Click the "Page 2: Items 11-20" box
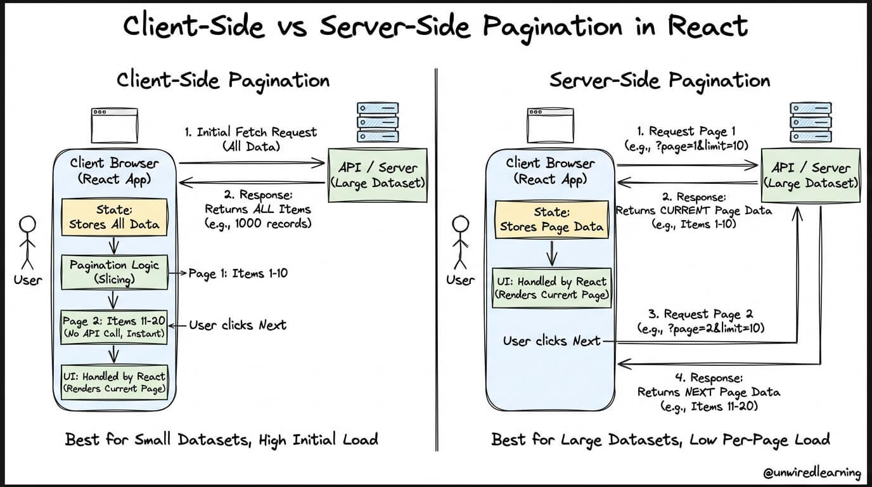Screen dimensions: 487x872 click(115, 327)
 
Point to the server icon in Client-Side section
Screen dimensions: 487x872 click(378, 122)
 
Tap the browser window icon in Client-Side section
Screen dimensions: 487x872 click(115, 125)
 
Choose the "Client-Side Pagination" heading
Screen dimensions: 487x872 click(223, 81)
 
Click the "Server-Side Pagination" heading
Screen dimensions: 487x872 click(659, 81)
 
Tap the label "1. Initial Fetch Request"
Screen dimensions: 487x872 click(250, 133)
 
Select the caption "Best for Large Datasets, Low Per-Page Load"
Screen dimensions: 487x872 click(660, 439)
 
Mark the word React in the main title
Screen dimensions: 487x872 click(703, 27)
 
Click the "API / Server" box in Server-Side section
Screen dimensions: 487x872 click(811, 175)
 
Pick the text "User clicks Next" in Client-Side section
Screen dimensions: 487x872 click(238, 325)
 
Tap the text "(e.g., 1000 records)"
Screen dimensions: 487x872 click(257, 224)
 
